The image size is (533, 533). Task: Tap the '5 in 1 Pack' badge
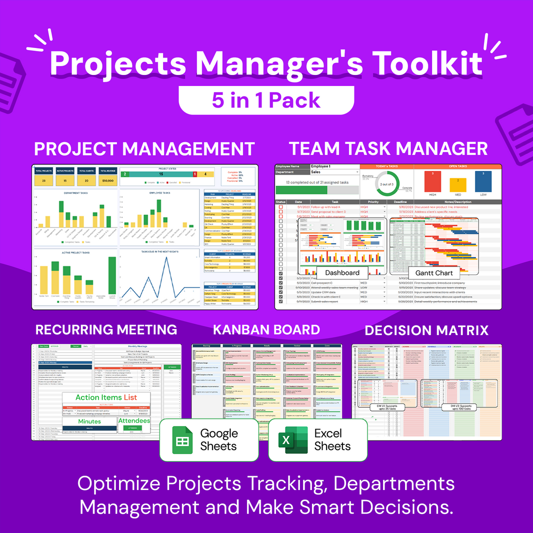pos(266,100)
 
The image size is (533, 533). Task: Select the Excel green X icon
pos(293,439)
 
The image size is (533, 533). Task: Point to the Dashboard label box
pos(342,272)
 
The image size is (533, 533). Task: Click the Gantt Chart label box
pos(433,273)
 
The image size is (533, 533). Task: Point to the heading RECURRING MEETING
pos(106,329)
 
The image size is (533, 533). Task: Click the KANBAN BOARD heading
pos(266,329)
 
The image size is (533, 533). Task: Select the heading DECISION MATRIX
pos(426,330)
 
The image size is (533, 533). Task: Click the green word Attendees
pos(134,421)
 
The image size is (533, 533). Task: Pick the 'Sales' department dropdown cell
pos(334,171)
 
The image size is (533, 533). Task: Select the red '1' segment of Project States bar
pos(194,174)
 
